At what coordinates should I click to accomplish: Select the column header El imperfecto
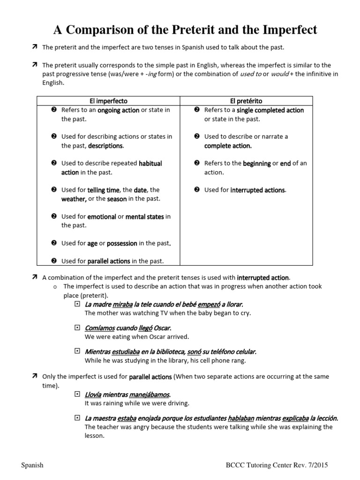coord(108,101)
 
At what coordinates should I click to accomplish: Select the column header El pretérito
coord(247,101)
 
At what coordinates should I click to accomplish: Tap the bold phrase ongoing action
coord(118,110)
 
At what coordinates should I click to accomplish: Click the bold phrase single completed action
coord(270,110)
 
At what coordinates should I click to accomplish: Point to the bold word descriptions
coord(105,146)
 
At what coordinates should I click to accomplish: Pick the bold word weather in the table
coord(74,199)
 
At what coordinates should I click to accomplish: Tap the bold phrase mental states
coord(145,217)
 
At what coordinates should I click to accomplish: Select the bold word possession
coord(122,243)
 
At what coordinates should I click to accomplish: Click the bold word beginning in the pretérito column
coord(257,164)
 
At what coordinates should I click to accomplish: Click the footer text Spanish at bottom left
coord(32,465)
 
